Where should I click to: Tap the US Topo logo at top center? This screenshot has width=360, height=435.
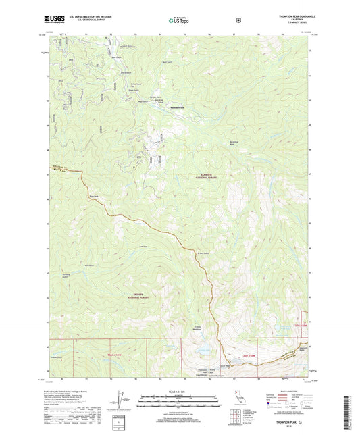click(179, 21)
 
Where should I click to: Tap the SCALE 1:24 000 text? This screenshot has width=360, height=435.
click(180, 392)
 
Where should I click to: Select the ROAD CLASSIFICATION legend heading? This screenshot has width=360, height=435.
click(288, 391)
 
